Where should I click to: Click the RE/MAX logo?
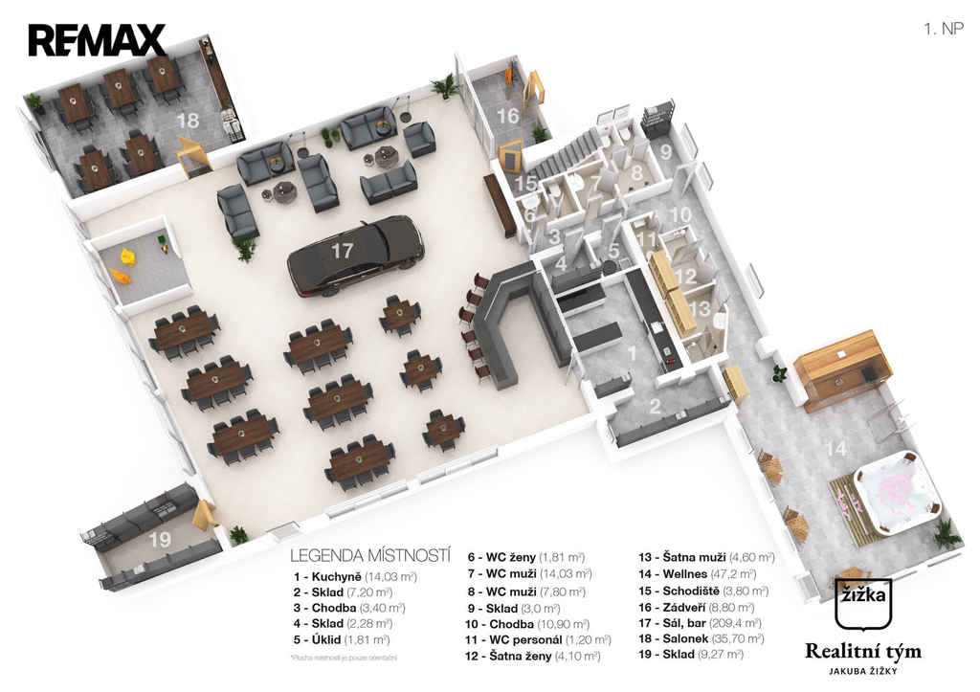coord(97,40)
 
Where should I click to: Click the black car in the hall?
coord(355,255)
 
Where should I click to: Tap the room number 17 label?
coord(342,252)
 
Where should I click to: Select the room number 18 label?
coord(188,121)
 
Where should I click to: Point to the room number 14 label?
coord(836,448)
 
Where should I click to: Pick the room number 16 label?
coord(507,116)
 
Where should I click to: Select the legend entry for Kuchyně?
coord(355,577)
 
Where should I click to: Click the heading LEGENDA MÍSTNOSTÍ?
coord(369,555)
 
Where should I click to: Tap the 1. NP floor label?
coord(943,29)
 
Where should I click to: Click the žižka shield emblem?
coord(863,603)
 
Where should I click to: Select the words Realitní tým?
coord(863,652)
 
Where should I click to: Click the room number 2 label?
coord(656,406)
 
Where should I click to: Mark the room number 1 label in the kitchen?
coord(631,352)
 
